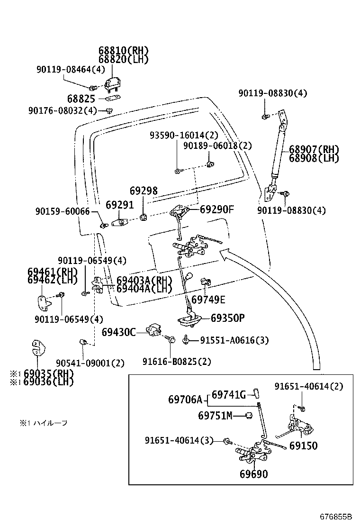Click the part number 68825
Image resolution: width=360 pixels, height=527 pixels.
tap(81, 99)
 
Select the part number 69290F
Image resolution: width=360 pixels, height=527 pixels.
tap(217, 209)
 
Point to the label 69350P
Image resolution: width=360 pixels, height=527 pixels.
tap(227, 318)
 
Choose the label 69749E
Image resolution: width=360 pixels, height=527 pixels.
tap(208, 300)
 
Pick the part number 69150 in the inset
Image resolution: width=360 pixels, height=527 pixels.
tap(303, 446)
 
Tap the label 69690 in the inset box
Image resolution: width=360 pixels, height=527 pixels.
tap(253, 474)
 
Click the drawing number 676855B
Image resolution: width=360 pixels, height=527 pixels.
tap(336, 515)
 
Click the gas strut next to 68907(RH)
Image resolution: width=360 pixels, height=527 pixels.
tap(278, 152)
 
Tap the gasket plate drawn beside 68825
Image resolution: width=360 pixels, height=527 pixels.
tap(112, 99)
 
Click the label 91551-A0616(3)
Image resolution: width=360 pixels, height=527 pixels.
tap(234, 340)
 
